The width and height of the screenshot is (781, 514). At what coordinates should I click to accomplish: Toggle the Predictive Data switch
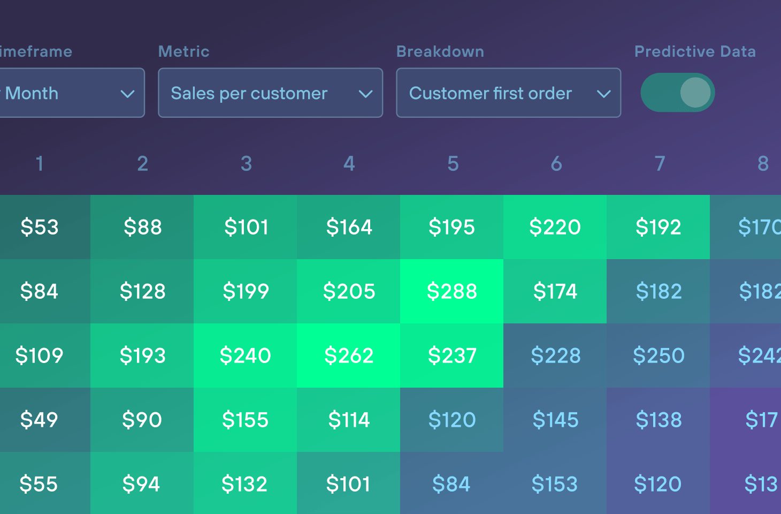click(678, 93)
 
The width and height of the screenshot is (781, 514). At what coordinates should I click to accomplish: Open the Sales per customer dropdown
click(270, 93)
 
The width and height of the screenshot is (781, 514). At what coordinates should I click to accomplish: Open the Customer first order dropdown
click(508, 93)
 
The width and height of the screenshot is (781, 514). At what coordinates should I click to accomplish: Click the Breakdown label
click(440, 51)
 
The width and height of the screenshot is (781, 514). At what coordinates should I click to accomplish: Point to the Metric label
click(183, 51)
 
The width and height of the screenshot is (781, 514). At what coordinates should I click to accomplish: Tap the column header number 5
click(453, 163)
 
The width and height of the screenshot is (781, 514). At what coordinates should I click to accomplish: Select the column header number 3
click(246, 163)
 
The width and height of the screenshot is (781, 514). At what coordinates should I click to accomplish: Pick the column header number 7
click(660, 163)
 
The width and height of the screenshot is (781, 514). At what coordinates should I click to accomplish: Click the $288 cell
click(451, 291)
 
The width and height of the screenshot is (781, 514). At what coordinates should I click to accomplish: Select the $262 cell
click(349, 356)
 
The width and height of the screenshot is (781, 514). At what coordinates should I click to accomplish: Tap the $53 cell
click(40, 227)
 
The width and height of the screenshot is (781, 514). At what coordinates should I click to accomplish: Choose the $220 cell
click(555, 227)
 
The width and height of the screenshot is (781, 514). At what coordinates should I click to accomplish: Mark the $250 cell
click(659, 356)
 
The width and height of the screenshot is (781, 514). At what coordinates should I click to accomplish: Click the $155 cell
click(245, 420)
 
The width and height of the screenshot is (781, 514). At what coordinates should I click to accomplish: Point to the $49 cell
click(39, 420)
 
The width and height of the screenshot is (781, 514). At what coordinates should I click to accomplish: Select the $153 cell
click(555, 484)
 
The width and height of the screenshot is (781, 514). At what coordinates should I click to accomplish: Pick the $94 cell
click(141, 484)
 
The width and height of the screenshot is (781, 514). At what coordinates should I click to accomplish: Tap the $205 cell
click(349, 291)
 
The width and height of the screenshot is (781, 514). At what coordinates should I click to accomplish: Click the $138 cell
click(659, 420)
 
